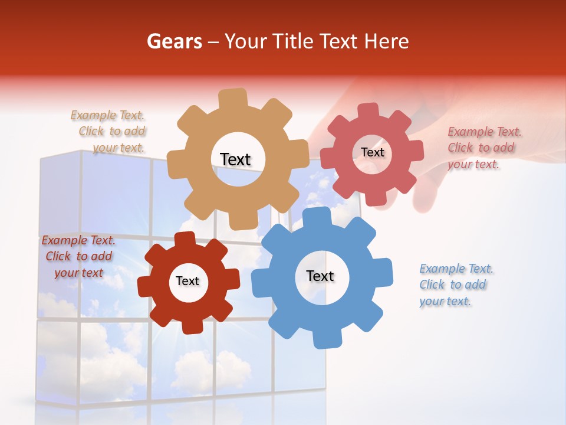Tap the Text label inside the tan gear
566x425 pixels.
tap(235, 159)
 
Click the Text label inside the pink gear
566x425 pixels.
tap(372, 152)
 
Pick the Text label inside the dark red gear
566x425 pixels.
tap(187, 281)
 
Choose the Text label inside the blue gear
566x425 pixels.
tap(320, 276)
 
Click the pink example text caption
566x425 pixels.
tap(483, 148)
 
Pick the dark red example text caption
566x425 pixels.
tap(78, 256)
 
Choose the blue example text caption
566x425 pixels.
tap(455, 285)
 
